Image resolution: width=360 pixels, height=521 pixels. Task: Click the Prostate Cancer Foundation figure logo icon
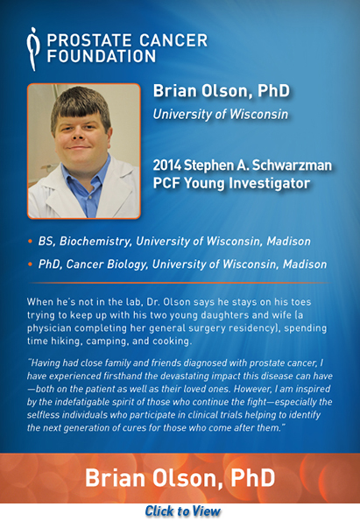tap(32, 49)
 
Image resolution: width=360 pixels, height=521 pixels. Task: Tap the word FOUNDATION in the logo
tap(102, 56)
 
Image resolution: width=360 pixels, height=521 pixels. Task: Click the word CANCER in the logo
tap(173, 40)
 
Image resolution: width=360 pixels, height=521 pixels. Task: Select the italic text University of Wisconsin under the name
tap(221, 115)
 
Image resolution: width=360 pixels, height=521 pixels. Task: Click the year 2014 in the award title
tap(166, 165)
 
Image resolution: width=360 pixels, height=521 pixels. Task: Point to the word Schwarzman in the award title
tap(292, 165)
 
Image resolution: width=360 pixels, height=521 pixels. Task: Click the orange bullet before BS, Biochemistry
tap(31, 241)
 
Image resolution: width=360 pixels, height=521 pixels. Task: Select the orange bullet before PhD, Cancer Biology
tap(31, 264)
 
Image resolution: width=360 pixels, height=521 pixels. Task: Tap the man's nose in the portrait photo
tap(79, 134)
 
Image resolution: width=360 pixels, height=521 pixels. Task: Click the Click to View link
tap(182, 511)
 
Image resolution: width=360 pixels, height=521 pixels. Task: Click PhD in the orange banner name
tap(252, 478)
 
